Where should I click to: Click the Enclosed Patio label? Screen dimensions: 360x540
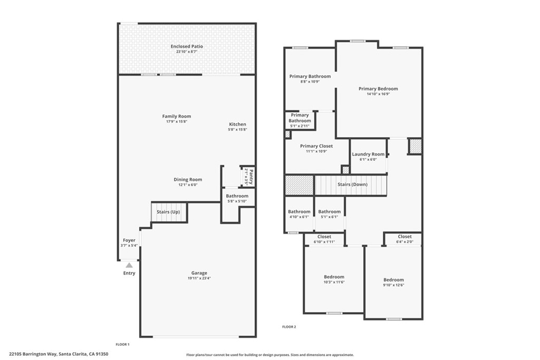[187, 46]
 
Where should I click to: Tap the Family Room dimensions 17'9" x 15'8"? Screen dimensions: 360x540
[177, 122]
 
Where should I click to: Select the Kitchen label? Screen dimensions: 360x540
[237, 124]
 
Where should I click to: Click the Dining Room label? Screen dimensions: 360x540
[188, 180]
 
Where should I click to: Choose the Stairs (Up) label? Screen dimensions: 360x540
[168, 212]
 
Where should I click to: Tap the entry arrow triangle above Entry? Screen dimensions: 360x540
[129, 265]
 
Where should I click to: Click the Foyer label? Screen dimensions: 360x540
[129, 240]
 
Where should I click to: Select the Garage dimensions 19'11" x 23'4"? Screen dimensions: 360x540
[199, 278]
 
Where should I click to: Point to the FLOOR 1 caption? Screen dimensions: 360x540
[122, 344]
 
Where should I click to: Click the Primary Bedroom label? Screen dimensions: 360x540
[378, 89]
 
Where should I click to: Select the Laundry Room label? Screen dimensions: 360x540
[368, 154]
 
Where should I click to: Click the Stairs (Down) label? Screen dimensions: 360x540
[352, 184]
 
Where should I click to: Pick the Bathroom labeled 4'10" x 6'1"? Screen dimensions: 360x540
[299, 212]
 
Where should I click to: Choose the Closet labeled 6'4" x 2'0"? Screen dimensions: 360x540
[404, 237]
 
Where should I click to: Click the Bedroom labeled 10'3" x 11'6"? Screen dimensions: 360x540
[334, 277]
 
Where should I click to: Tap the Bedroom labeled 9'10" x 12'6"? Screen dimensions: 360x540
[393, 280]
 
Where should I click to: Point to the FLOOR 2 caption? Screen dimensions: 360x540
[289, 327]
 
